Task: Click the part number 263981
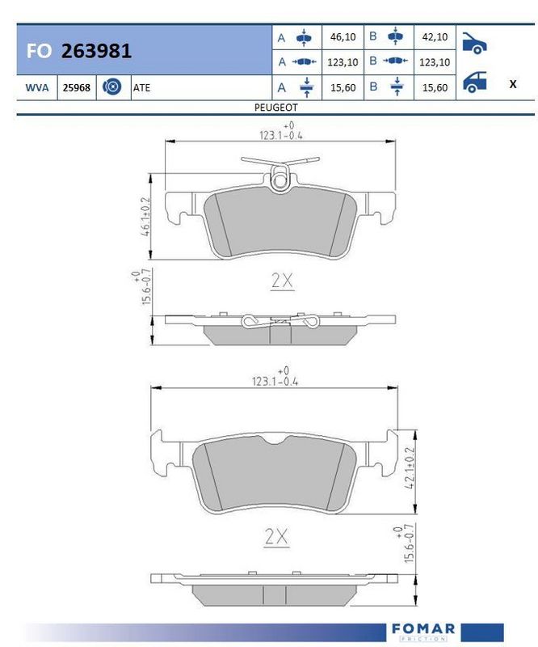coord(96,50)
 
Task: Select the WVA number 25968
coord(76,87)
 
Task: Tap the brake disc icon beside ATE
coord(111,87)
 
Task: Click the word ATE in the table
coord(141,87)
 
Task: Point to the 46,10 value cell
coord(343,36)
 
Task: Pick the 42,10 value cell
coord(435,36)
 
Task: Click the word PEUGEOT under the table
coord(275,108)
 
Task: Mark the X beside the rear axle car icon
coord(513,84)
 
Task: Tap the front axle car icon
coord(474,43)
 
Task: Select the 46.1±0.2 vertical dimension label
coord(145,216)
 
